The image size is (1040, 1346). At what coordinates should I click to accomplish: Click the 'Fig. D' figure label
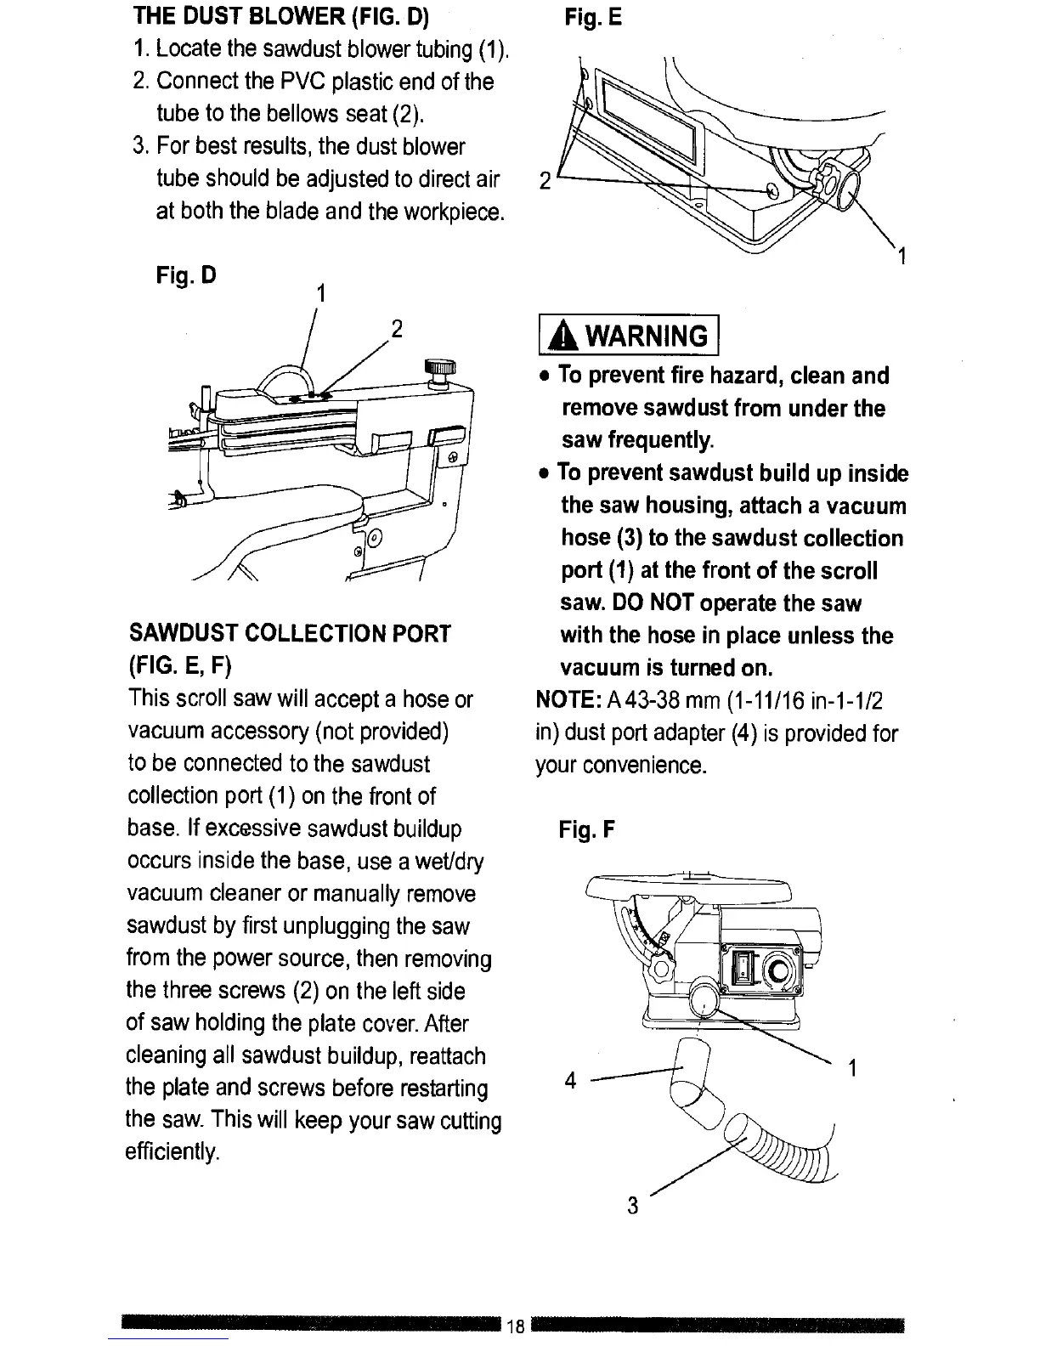coord(186,276)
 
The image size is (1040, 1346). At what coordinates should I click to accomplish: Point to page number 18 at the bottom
coord(514,1327)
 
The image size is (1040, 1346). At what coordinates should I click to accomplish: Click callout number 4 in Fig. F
coord(571,1081)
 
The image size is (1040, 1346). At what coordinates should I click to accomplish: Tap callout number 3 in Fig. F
coord(631,1205)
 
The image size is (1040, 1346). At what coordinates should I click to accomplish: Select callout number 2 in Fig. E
coord(545,181)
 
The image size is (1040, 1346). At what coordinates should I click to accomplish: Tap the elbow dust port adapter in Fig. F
coord(695,1088)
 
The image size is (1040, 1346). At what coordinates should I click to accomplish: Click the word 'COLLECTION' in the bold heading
coord(336,634)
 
